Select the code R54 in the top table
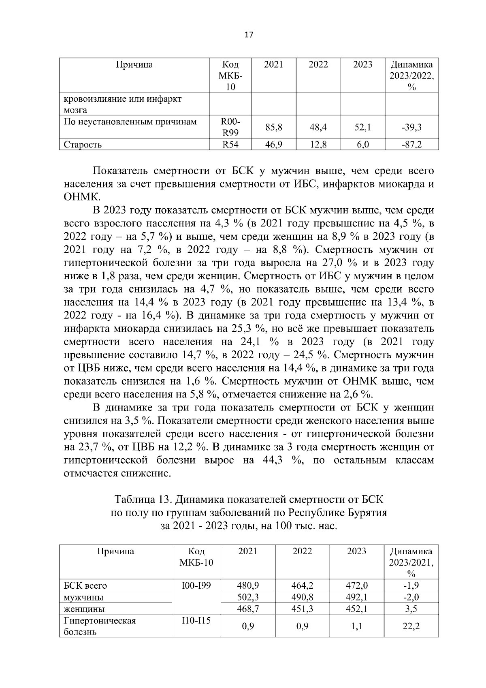click(230, 145)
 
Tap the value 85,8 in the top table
click(274, 127)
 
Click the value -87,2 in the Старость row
click(411, 145)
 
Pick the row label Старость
click(83, 145)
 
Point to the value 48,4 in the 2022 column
click(318, 127)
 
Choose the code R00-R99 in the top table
click(230, 127)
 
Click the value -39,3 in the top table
click(411, 127)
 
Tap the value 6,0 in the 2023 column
click(362, 145)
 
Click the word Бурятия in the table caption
click(367, 513)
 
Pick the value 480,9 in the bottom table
click(248, 585)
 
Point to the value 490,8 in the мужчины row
click(303, 597)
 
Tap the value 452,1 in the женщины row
click(356, 609)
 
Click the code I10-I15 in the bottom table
click(196, 620)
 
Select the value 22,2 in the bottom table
click(411, 626)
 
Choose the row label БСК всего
click(85, 585)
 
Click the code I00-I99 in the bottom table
click(196, 585)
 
